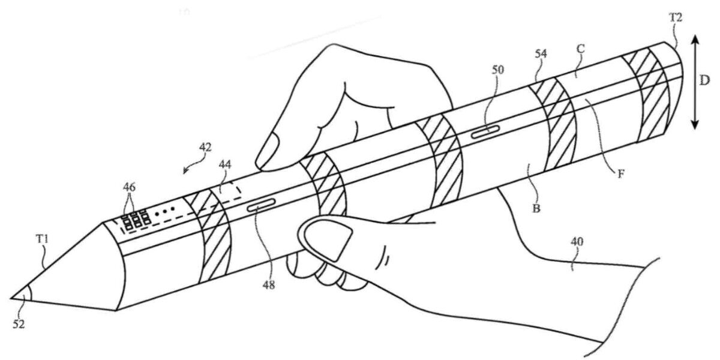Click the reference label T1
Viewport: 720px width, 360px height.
pos(42,239)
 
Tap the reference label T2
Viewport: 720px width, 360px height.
pos(676,17)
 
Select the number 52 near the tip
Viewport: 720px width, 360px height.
pos(19,325)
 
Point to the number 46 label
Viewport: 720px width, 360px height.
pos(129,187)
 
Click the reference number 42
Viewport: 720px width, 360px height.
pos(206,147)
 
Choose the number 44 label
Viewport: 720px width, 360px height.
pos(224,164)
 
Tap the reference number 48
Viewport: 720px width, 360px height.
pos(269,284)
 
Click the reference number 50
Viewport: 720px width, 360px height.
pos(498,70)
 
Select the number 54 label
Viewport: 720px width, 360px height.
pos(541,53)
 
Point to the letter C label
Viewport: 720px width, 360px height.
pos(581,49)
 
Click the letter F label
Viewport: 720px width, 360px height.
pos(621,174)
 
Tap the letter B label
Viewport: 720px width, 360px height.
pos(536,209)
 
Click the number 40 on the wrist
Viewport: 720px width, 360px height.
pos(577,241)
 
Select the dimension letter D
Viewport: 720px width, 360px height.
pos(704,80)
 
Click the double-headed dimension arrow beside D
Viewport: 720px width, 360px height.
pos(695,82)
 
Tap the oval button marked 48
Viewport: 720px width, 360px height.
pos(262,205)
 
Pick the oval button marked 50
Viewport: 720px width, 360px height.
pos(485,132)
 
